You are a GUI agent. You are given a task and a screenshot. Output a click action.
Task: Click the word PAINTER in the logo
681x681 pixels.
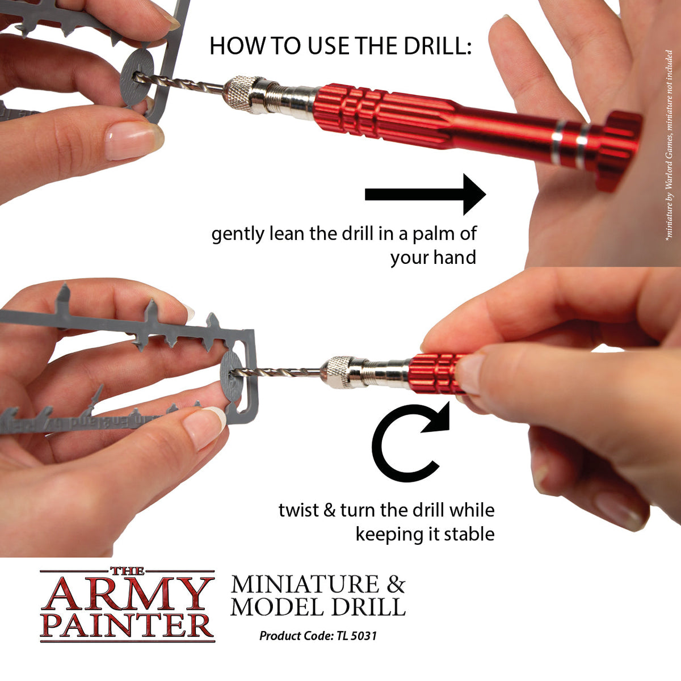127,624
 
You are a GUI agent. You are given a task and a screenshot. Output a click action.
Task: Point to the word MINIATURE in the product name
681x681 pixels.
304,585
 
